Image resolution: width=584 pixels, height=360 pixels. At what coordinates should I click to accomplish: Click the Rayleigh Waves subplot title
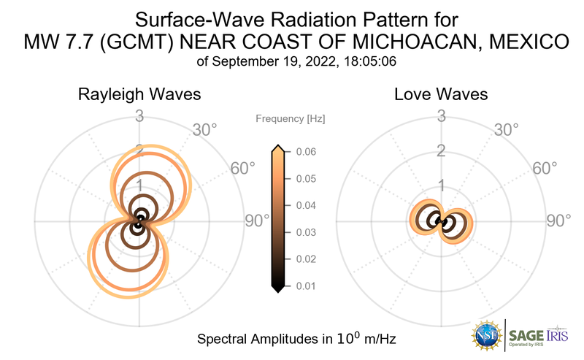tap(139, 95)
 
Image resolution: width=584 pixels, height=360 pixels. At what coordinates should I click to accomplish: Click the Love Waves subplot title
tap(441, 95)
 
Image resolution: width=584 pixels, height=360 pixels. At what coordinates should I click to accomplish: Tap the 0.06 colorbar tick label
tap(301, 152)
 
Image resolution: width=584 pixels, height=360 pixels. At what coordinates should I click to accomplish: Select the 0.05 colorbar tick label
tap(301, 179)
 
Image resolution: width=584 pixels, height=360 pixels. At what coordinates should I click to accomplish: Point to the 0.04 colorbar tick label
tap(301, 206)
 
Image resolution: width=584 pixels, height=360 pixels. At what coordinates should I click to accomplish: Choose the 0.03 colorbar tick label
tap(301, 232)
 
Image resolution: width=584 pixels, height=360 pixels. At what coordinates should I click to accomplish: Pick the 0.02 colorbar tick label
tap(301, 259)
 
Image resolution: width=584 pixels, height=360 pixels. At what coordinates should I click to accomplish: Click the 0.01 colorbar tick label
tap(301, 286)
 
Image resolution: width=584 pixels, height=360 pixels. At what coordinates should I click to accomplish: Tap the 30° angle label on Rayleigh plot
tap(204, 130)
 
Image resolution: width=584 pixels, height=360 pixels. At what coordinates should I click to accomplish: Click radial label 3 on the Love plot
tap(441, 115)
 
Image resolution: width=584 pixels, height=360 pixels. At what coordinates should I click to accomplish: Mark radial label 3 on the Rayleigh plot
tap(139, 115)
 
